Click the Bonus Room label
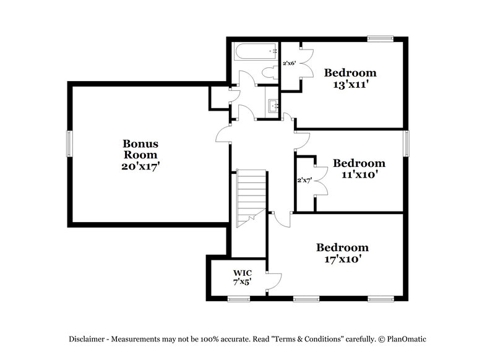point(139,149)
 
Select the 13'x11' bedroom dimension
point(350,85)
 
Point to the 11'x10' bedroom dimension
point(359,174)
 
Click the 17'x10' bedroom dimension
point(342,259)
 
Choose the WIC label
point(242,273)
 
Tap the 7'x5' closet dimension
point(242,282)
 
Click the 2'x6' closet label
point(289,63)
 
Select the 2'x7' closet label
point(304,181)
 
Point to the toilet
point(269,72)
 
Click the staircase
point(251,194)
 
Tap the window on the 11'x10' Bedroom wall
point(407,144)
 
